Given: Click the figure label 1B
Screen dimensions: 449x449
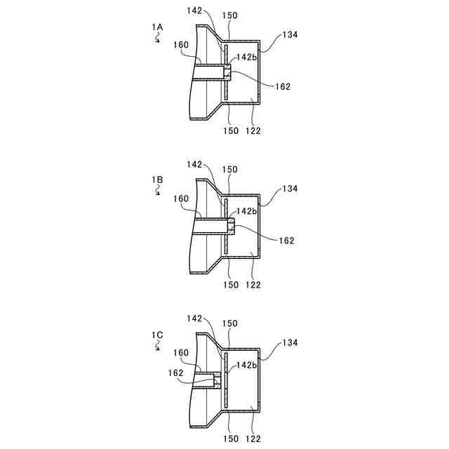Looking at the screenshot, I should click(x=157, y=180).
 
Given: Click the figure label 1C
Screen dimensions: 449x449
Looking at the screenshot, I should click(x=157, y=335).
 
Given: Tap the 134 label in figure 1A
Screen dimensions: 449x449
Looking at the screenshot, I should click(x=289, y=34).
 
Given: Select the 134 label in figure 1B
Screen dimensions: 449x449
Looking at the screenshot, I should click(x=289, y=189).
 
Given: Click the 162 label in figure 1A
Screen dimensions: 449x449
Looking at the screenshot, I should click(x=283, y=87).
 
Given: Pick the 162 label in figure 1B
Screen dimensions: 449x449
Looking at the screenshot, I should click(x=286, y=241).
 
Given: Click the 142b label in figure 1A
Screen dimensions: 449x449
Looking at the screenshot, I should click(x=247, y=58).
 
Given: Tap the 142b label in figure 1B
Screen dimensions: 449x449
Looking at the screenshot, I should click(x=247, y=211).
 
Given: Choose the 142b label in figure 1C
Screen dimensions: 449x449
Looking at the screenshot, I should click(x=247, y=366).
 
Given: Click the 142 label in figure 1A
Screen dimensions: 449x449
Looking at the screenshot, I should click(x=195, y=11).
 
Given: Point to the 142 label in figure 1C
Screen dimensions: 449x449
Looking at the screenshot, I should click(x=195, y=319).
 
